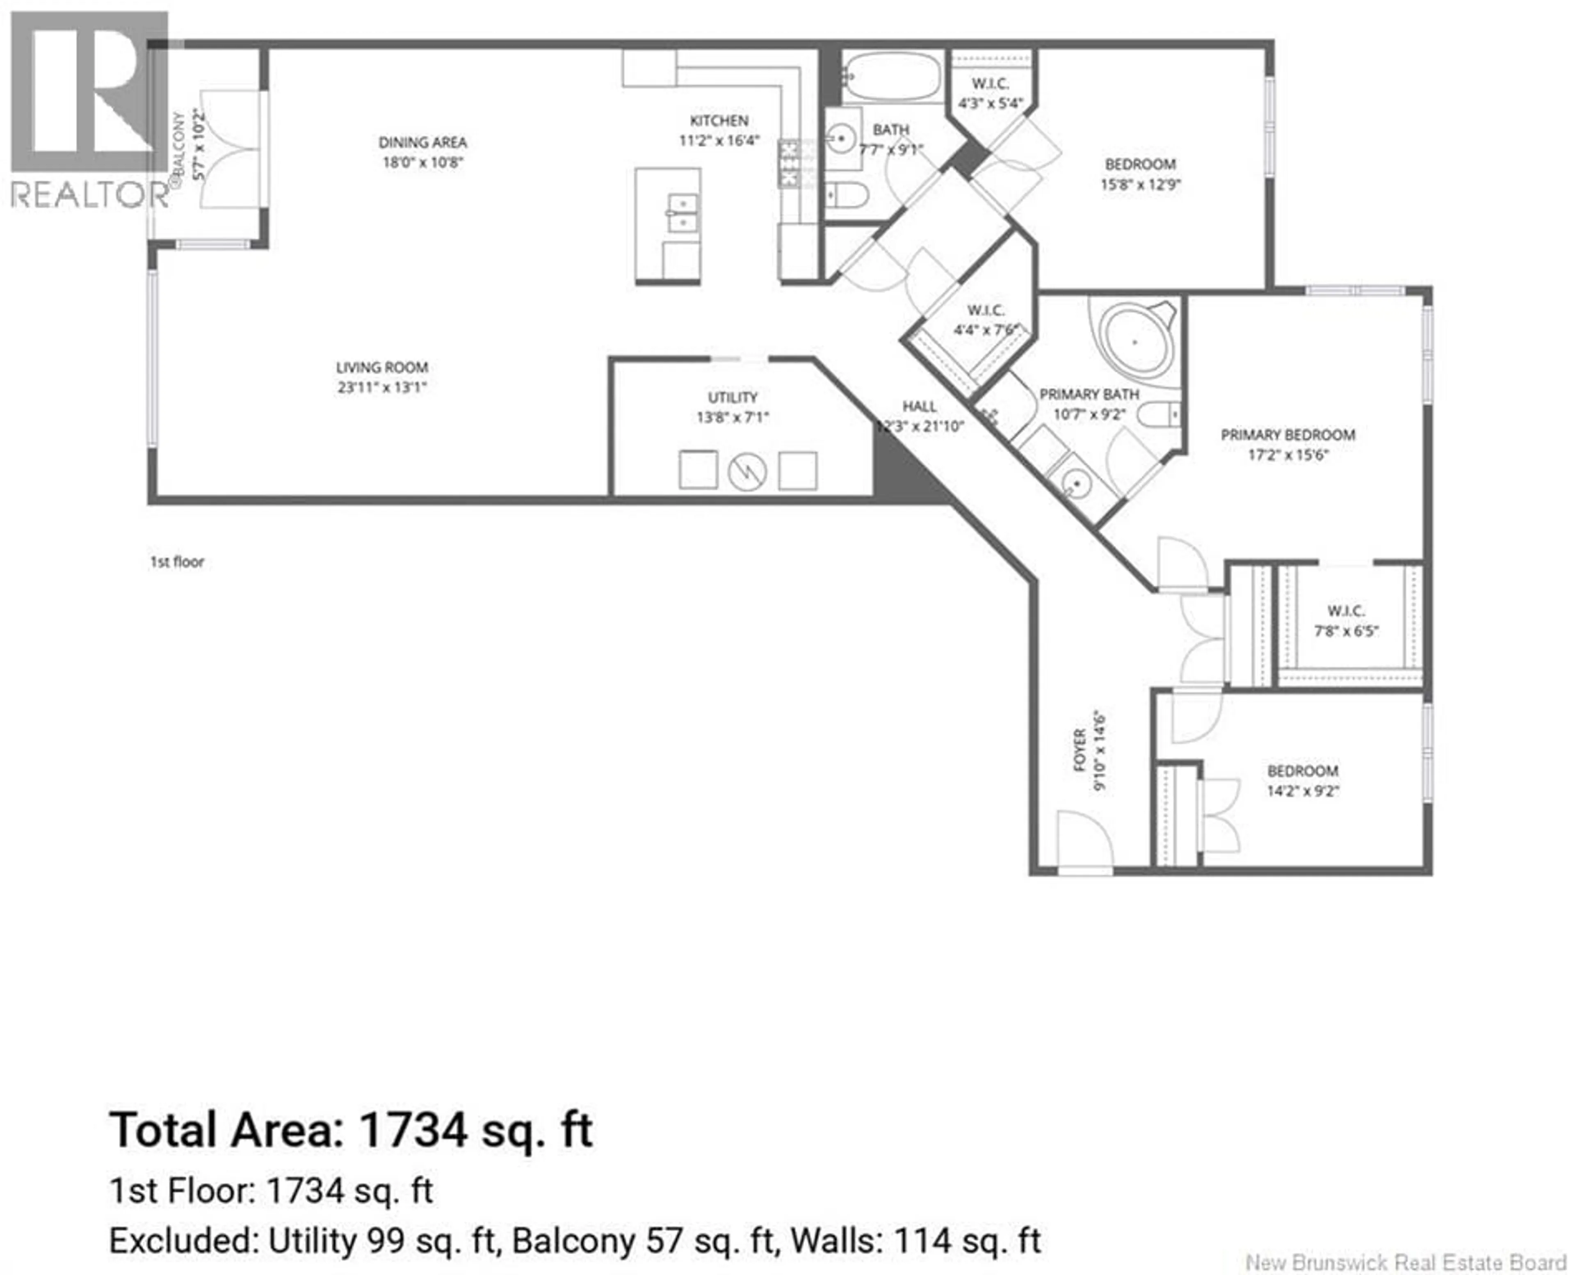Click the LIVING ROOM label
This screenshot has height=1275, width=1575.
click(x=382, y=367)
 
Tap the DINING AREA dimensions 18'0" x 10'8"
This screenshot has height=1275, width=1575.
click(x=423, y=162)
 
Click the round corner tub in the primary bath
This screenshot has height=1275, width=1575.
click(x=1134, y=341)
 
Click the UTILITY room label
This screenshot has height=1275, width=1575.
click(x=732, y=398)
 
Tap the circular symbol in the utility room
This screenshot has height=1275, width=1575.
click(x=747, y=471)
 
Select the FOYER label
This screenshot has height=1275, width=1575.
click(x=1080, y=750)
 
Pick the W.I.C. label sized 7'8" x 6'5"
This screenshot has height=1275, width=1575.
click(x=1346, y=611)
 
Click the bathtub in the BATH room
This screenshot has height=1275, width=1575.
click(x=891, y=75)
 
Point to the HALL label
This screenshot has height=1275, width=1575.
click(x=919, y=406)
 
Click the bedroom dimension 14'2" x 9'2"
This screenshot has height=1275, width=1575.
click(x=1303, y=791)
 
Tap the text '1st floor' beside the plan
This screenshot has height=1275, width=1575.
click(x=177, y=562)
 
